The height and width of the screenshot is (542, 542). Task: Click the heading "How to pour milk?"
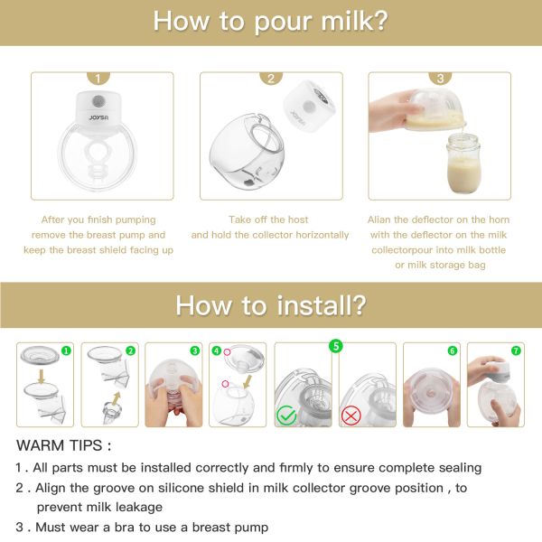[x=270, y=21]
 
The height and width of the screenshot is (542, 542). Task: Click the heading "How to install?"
[x=270, y=304]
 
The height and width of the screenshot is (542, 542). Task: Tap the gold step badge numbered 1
[x=99, y=79]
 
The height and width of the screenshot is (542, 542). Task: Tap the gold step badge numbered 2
[x=270, y=79]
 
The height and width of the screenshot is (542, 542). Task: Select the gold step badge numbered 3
[x=440, y=79]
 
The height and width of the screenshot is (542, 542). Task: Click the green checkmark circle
[x=286, y=416]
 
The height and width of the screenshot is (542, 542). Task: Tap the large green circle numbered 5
[x=335, y=345]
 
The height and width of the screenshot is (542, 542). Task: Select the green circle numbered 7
[x=517, y=350]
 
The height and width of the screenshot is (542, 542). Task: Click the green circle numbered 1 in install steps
[x=66, y=350]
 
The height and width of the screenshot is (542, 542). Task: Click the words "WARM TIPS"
[x=64, y=445]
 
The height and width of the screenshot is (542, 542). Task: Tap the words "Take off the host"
[x=269, y=220]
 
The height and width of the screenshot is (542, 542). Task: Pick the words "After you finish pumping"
[x=98, y=220]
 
